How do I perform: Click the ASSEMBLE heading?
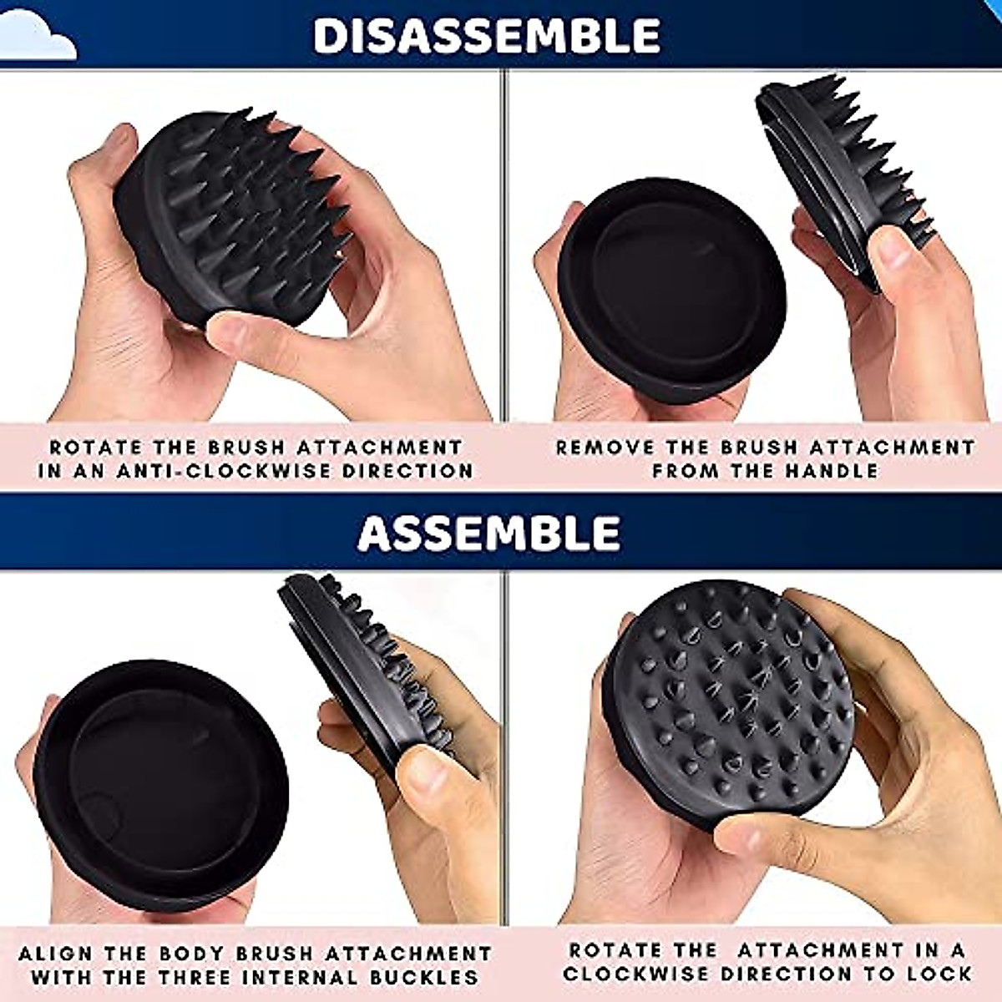tap(489, 532)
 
